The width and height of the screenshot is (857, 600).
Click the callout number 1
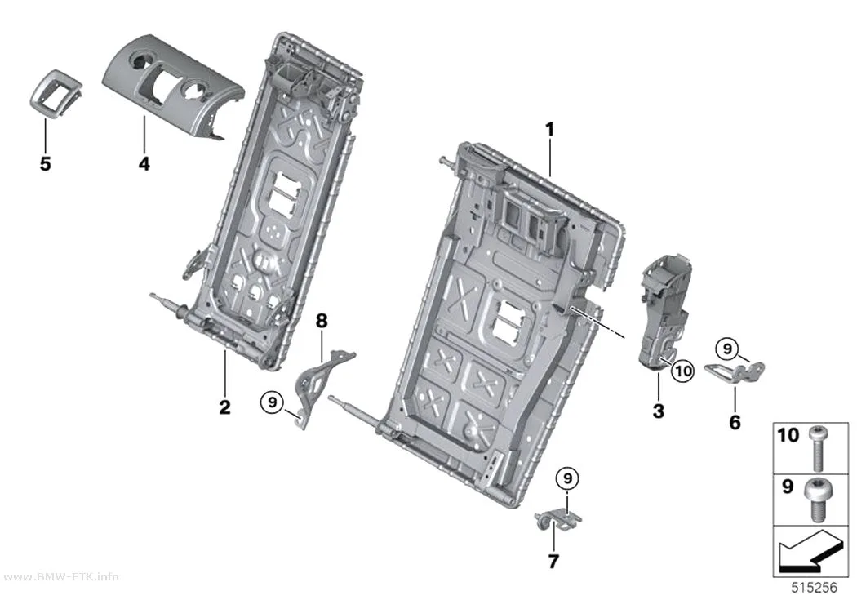point(550,130)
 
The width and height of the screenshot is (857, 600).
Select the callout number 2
point(224,407)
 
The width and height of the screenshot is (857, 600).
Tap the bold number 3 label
point(659,411)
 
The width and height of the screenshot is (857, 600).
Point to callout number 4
point(144,162)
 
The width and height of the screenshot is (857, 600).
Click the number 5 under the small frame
point(46,162)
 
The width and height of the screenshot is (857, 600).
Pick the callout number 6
point(735,422)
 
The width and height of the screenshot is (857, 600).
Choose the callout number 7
point(553,561)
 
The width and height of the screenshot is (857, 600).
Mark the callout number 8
point(322,321)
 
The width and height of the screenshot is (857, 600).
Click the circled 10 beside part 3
point(683,371)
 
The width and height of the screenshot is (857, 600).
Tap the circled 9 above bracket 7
point(567,478)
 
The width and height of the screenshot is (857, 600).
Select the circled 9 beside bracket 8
point(272,402)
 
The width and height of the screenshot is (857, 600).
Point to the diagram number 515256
point(815,588)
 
